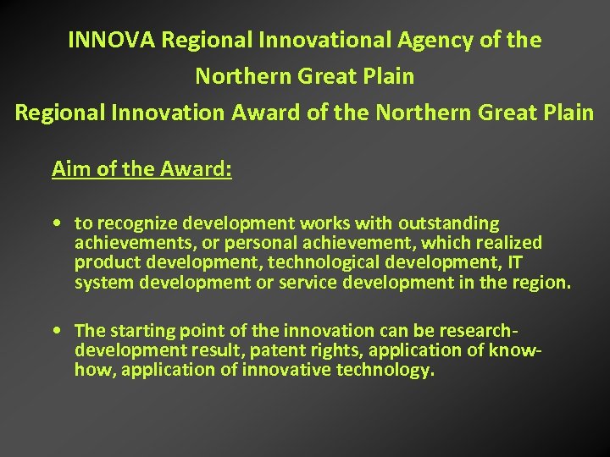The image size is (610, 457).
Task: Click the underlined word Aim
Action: [x=69, y=169]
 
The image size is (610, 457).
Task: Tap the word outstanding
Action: [x=447, y=223]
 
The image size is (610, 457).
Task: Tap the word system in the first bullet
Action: [x=101, y=282]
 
